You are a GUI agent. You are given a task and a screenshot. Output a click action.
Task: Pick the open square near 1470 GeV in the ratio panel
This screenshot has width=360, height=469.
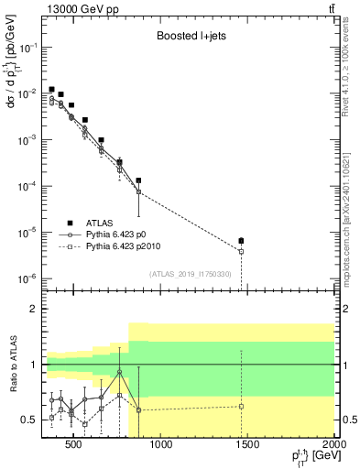241,406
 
